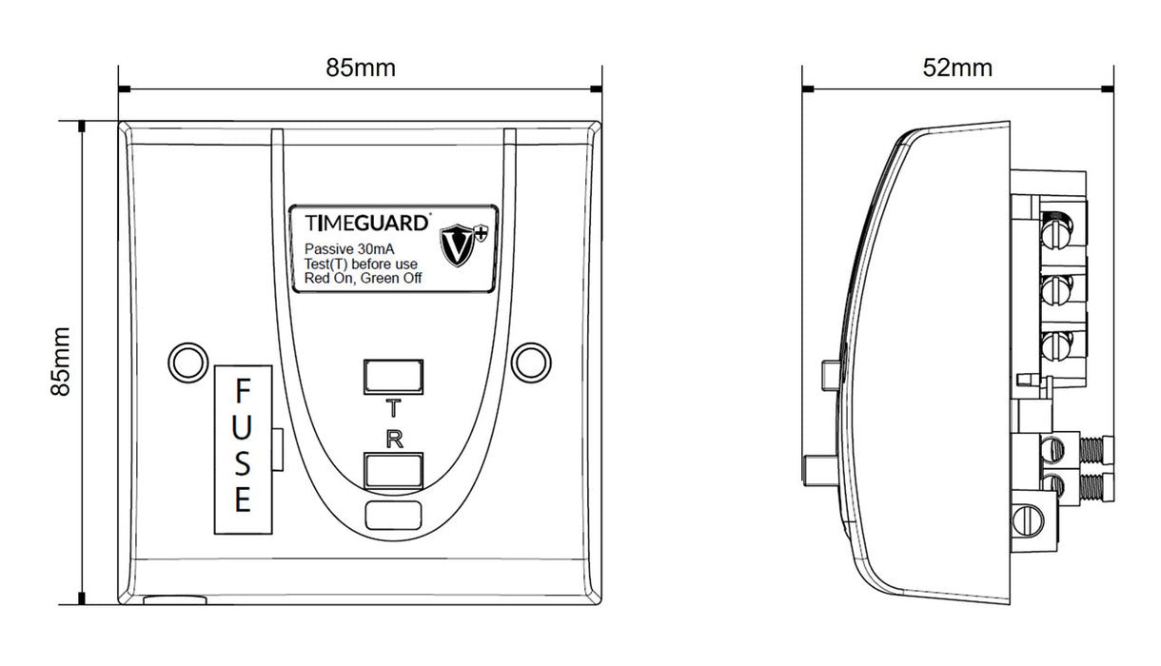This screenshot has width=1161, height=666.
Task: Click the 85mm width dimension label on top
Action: tap(361, 69)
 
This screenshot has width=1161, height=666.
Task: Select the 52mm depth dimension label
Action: tap(957, 69)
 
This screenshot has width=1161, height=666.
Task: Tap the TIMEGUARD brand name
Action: tap(365, 223)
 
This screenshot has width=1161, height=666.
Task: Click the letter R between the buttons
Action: tap(391, 439)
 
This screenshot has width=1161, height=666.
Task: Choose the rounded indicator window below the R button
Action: tap(391, 516)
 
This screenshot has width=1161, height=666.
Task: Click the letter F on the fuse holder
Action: tap(243, 391)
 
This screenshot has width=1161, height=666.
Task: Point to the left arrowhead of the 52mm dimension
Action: tap(808, 89)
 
